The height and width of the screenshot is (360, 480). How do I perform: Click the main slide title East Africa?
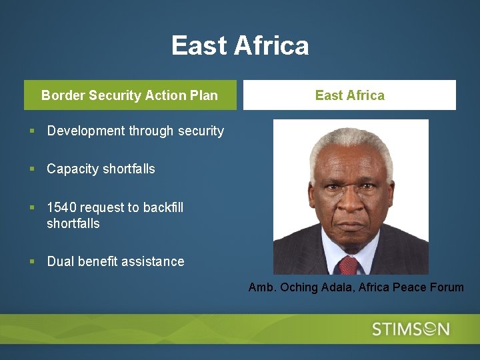click(x=240, y=46)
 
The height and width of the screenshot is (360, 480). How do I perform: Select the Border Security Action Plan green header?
click(x=130, y=95)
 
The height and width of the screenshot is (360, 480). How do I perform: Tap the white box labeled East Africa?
click(x=349, y=95)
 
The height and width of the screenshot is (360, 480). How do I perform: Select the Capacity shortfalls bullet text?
click(x=101, y=169)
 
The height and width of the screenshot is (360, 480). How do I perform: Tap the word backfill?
click(x=163, y=207)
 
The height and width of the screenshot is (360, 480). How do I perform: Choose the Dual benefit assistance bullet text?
click(x=115, y=261)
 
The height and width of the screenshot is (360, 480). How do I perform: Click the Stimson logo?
click(x=411, y=329)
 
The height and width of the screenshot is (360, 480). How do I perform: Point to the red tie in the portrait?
click(x=349, y=265)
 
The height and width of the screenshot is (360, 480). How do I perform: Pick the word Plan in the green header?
click(x=203, y=95)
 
